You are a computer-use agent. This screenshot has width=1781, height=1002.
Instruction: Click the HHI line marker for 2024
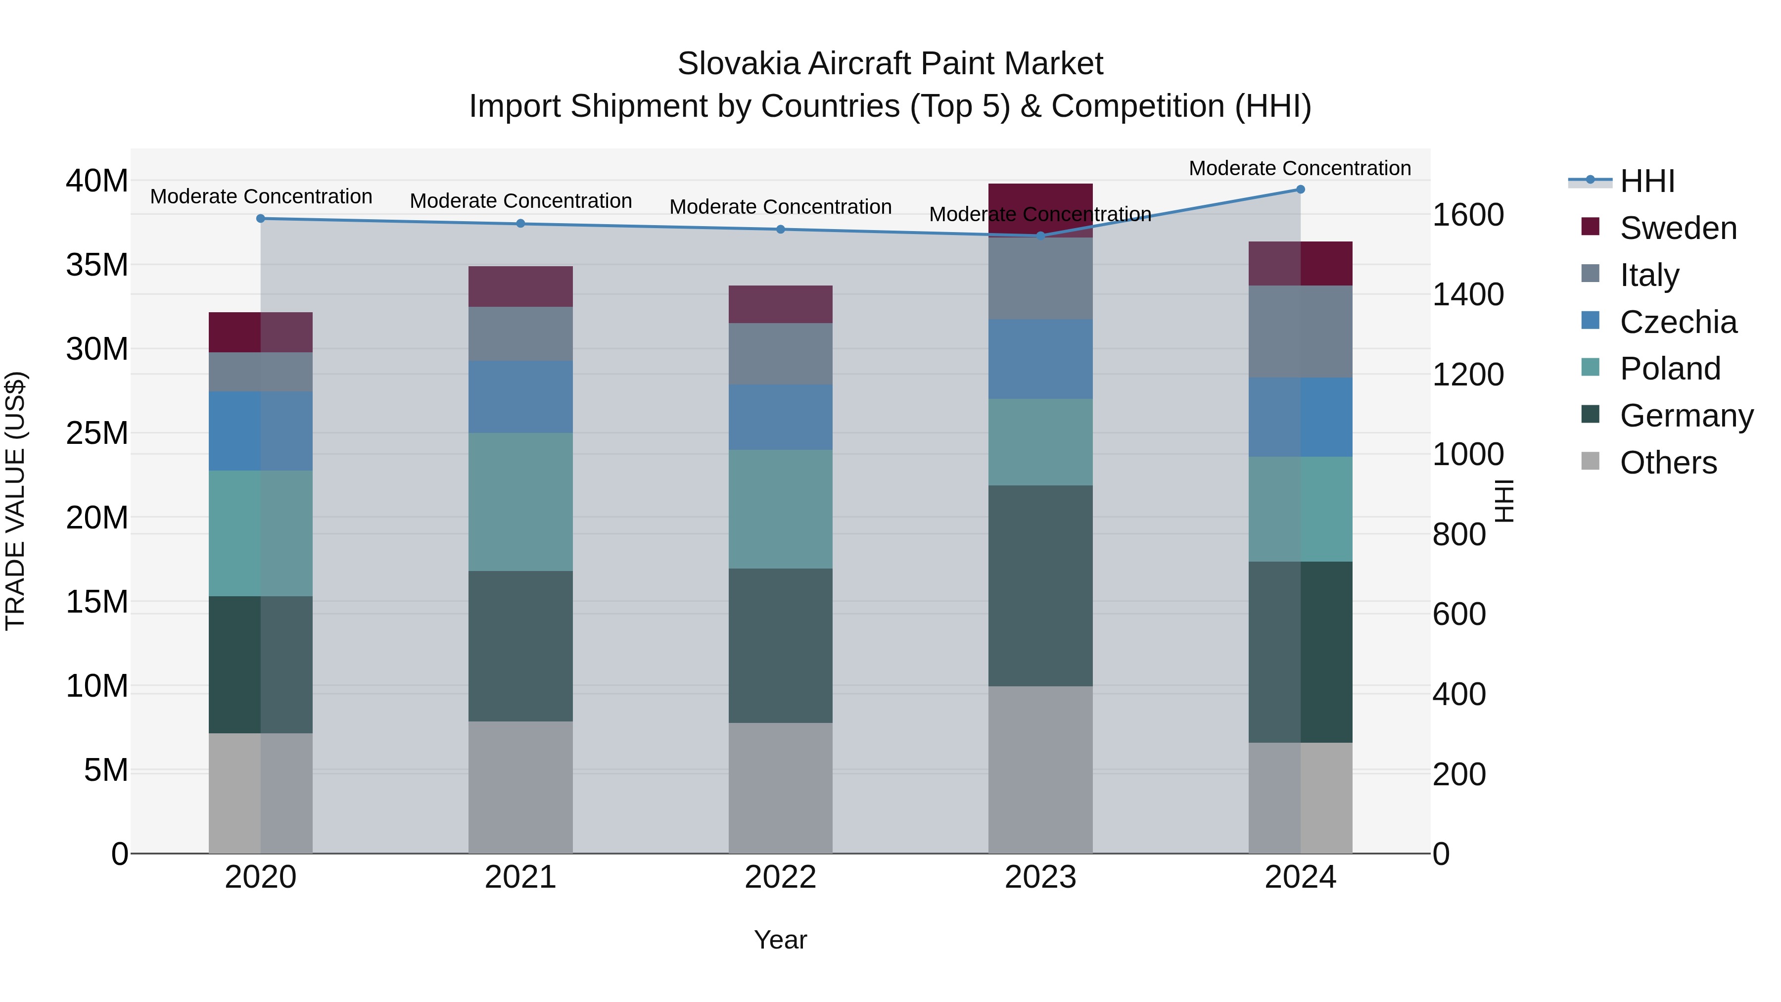(x=1300, y=190)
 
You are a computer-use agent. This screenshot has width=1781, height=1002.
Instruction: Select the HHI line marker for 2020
(x=261, y=219)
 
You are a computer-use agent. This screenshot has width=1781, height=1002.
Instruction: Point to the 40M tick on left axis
(x=97, y=181)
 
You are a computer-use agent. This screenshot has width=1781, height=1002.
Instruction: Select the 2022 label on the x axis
(x=780, y=877)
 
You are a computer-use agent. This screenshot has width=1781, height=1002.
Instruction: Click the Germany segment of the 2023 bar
(x=1040, y=586)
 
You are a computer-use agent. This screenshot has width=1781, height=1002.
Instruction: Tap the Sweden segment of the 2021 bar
(x=520, y=286)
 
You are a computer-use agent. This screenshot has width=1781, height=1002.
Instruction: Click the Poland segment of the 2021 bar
(x=520, y=502)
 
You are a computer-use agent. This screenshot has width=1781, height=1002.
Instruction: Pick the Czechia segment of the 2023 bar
(x=1040, y=359)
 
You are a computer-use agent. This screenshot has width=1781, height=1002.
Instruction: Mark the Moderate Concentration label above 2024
(x=1299, y=168)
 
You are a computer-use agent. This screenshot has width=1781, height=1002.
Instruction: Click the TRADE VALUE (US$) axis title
(x=15, y=501)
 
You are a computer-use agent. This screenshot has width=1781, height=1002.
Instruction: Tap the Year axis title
(x=780, y=940)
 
